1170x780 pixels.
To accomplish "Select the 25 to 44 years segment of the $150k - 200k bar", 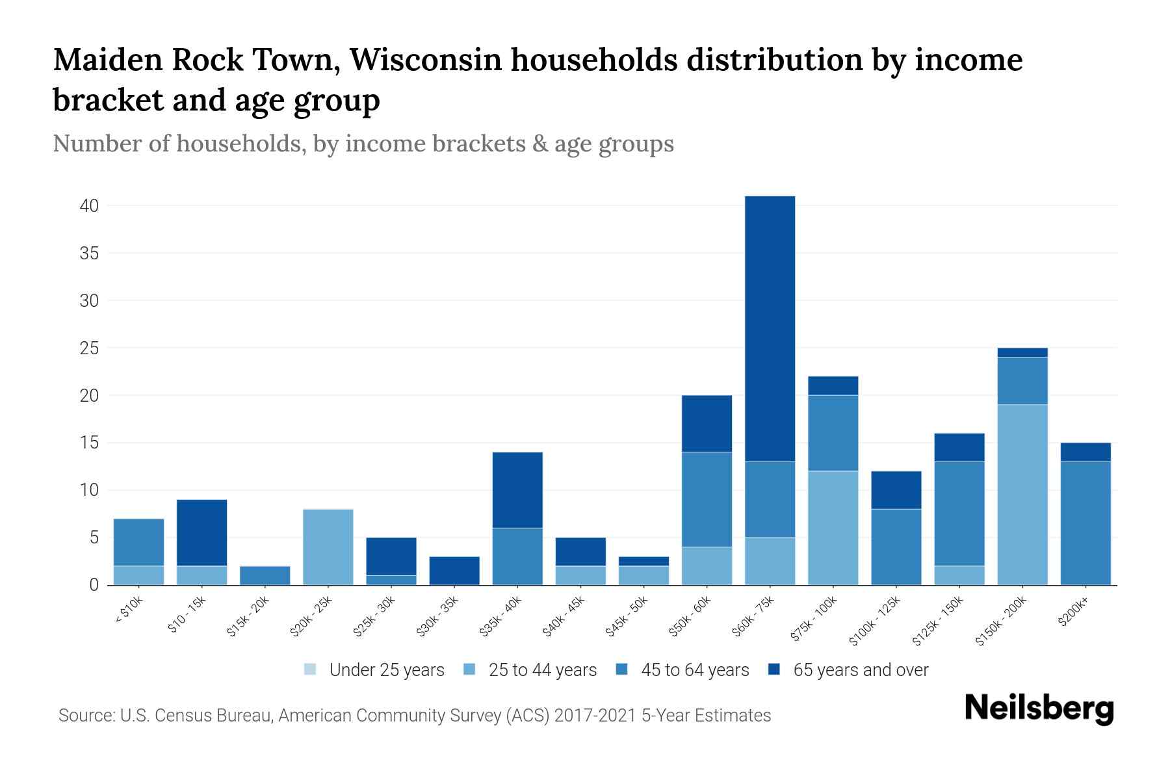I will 1022,495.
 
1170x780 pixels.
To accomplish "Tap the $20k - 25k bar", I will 328,547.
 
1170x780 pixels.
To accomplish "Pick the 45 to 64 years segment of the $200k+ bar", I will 1085,523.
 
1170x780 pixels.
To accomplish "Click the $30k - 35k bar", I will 454,571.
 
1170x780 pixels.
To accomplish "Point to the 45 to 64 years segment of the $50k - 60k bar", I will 707,499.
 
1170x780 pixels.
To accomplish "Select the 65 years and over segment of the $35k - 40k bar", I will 517,489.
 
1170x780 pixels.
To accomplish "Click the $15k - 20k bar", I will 265,575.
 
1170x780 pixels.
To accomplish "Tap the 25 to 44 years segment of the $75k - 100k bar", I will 833,528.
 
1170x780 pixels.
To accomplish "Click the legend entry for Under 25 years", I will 386,670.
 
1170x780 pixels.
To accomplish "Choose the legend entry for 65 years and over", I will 860,670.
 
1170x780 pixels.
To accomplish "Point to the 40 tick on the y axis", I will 89,206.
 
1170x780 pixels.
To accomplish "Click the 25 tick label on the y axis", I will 89,348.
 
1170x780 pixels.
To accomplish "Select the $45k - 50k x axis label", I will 627,616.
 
